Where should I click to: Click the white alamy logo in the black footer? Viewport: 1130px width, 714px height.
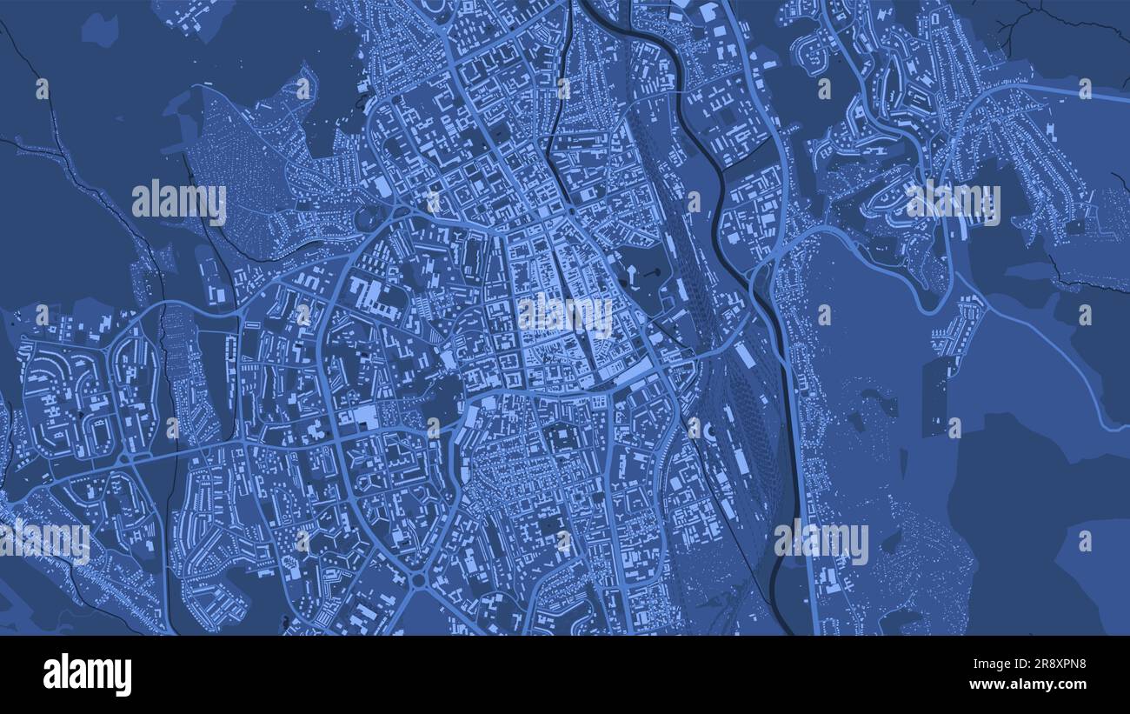[x=87, y=675]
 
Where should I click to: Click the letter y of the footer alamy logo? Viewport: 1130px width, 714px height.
[x=123, y=677]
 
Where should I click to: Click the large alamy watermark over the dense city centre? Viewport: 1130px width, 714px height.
[x=565, y=314]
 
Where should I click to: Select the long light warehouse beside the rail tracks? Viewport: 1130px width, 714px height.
[x=744, y=355]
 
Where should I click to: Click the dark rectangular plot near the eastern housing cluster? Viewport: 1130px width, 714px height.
[x=935, y=396]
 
